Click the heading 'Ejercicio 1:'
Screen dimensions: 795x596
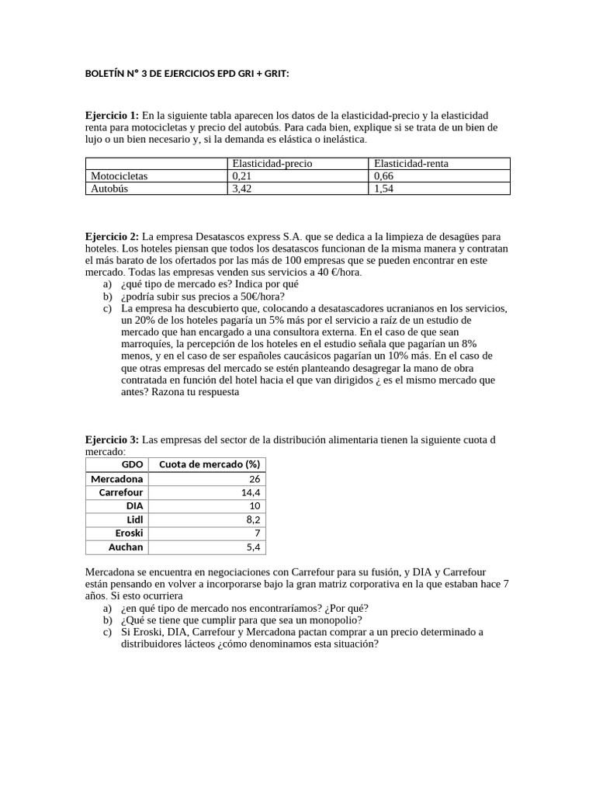[113, 115]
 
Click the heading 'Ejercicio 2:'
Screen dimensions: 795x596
[113, 236]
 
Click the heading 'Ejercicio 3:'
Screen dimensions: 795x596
[113, 439]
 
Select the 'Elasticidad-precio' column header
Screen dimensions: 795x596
[272, 163]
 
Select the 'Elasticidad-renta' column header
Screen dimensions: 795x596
[411, 163]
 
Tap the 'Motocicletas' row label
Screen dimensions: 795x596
[119, 175]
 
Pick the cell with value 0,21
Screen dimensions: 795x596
[242, 175]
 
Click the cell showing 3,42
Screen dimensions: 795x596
[242, 188]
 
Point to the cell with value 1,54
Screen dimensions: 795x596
[383, 188]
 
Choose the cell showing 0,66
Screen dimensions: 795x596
[383, 175]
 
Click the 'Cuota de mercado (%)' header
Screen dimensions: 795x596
[209, 464]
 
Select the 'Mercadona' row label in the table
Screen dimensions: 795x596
[117, 478]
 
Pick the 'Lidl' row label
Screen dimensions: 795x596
[134, 519]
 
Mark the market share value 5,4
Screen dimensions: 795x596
[253, 547]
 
